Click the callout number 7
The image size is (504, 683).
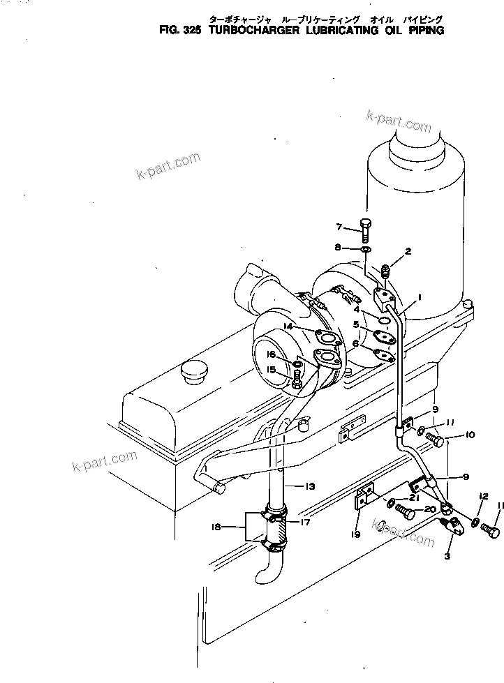pos(339,227)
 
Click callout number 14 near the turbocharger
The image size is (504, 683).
pos(287,327)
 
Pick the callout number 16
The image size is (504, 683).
pos(272,355)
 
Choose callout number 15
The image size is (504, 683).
pos(272,370)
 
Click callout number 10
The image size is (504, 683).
pos(470,435)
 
